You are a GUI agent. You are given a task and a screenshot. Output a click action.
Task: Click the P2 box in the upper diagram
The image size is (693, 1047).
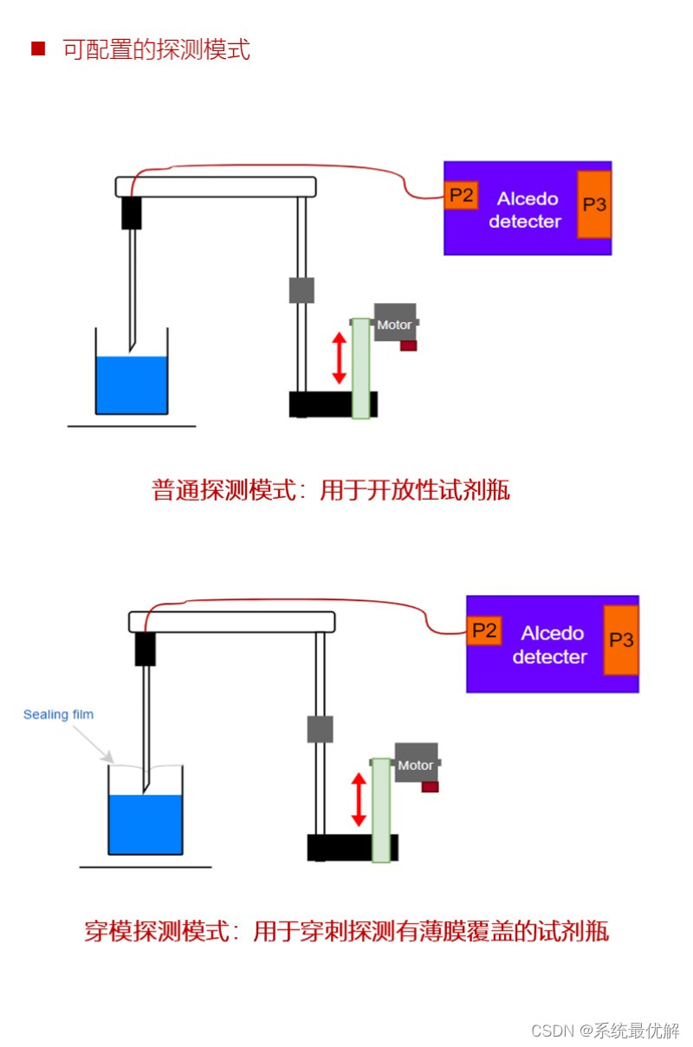462,196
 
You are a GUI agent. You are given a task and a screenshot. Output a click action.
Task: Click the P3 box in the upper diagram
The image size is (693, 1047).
594,204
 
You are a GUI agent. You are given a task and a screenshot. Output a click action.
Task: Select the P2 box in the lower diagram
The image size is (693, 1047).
484,630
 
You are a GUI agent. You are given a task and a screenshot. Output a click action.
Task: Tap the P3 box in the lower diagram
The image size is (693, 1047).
621,640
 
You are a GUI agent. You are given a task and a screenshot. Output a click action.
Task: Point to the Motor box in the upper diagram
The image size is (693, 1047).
395,324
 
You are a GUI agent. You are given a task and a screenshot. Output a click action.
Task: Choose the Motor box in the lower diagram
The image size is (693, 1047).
416,764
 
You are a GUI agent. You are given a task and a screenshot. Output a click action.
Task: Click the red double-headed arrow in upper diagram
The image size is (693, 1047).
339,359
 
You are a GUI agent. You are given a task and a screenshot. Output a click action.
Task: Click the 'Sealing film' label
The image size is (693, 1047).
58,714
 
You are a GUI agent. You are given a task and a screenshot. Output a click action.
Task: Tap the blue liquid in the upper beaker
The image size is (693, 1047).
131,385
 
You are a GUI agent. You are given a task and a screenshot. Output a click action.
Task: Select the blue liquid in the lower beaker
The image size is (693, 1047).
145,825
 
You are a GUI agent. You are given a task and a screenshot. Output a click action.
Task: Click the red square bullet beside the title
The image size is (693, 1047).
37,48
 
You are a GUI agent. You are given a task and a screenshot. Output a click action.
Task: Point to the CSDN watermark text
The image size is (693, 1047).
605,1030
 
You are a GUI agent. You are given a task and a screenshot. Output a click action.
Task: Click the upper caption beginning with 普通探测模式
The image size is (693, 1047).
331,490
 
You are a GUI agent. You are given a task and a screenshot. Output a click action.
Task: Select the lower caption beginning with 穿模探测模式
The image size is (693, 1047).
346,932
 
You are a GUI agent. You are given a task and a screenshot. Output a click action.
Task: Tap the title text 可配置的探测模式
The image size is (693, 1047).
156,49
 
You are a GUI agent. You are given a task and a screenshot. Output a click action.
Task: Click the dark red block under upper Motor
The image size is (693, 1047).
408,346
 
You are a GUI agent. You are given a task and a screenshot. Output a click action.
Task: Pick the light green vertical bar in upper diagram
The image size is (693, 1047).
360,369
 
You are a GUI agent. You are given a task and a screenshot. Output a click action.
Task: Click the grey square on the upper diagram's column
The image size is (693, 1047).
301,290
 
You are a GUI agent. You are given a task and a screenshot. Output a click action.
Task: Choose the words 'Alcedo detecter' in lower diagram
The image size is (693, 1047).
549,645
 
